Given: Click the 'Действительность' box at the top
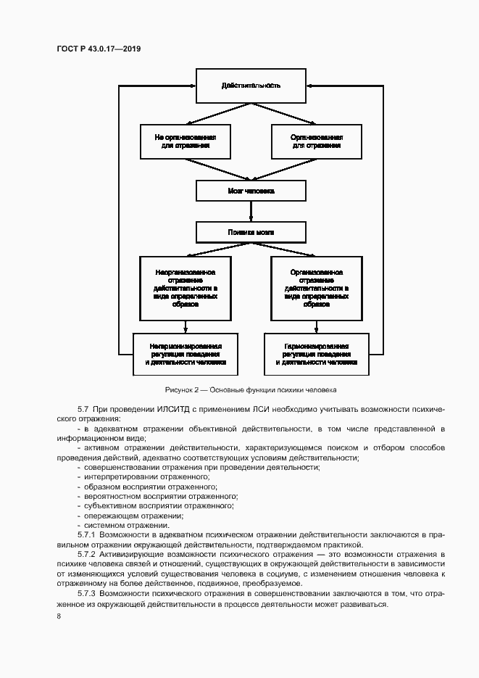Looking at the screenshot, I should point(251,86).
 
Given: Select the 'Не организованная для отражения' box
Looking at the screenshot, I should point(186,141).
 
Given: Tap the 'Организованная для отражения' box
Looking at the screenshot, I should point(317,141).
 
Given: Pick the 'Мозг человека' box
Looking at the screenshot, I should point(251,191).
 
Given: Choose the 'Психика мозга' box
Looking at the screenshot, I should point(251,232).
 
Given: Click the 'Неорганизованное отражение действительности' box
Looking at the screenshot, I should point(186,288).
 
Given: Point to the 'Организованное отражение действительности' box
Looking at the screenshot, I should point(317,288).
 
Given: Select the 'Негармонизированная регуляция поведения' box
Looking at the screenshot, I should point(186,354).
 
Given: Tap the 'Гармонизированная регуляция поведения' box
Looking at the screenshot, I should point(317,354).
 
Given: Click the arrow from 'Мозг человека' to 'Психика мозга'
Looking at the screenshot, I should point(251,211).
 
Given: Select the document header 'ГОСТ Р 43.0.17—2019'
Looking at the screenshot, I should point(98,48).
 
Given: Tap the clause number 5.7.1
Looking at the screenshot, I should point(86,534).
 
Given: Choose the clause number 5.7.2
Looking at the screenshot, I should point(86,554).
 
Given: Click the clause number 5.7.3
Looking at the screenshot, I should point(86,593).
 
